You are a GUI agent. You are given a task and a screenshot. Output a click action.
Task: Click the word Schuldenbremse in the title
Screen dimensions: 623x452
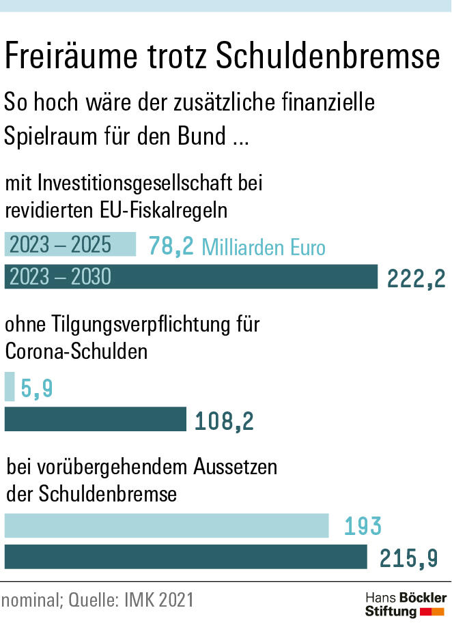(x=328, y=57)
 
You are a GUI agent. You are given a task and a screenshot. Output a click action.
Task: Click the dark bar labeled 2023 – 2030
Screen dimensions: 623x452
(x=191, y=276)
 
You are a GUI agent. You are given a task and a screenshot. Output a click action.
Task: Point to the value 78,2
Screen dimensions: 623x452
(x=171, y=246)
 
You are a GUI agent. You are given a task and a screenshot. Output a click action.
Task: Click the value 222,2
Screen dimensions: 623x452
(x=416, y=278)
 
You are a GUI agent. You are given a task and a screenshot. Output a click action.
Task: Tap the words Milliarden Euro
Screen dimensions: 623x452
(x=264, y=247)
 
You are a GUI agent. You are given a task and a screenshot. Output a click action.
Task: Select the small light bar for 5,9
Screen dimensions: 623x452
(x=10, y=387)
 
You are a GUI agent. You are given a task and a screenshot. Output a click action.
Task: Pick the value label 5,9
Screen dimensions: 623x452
(x=37, y=389)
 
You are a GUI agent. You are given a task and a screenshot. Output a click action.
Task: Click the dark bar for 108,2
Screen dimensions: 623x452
(x=96, y=419)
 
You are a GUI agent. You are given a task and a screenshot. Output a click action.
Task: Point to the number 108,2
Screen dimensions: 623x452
(x=224, y=421)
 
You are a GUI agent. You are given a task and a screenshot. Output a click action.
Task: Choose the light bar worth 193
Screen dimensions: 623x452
(x=167, y=526)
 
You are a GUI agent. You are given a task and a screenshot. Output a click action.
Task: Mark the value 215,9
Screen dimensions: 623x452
(x=408, y=558)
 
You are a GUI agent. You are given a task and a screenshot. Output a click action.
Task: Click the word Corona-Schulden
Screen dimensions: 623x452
(x=76, y=351)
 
